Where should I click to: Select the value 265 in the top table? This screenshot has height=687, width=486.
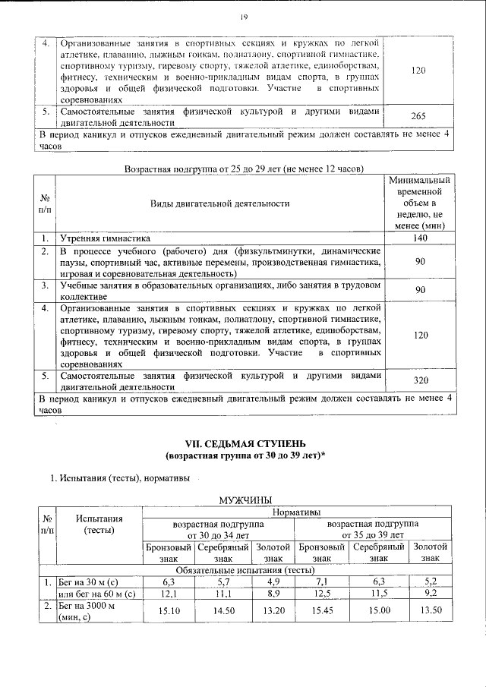(417, 116)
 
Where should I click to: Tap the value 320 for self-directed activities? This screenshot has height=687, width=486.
(417, 381)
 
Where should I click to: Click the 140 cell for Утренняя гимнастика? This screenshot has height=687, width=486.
(417, 238)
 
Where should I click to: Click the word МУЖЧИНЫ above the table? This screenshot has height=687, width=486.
(245, 499)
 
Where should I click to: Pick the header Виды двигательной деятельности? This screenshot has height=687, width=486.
(219, 203)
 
